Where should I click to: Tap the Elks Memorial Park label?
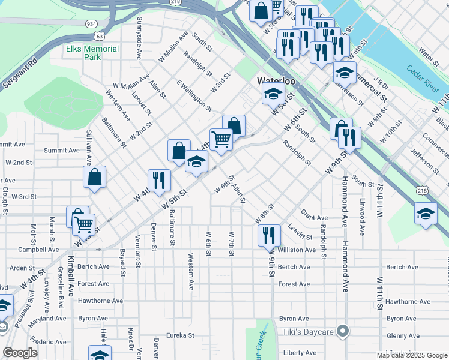tap(93, 53)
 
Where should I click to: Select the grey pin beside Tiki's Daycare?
tap(343, 331)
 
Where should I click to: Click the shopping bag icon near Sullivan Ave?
tap(95, 177)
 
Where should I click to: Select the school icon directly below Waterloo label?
tap(273, 94)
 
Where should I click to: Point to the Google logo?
tap(20, 353)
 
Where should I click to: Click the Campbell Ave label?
tap(38, 250)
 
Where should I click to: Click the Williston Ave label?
tap(297, 250)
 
